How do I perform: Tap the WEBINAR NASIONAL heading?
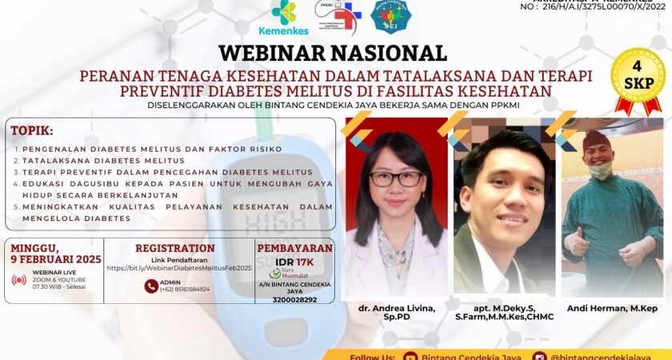coord(333,53)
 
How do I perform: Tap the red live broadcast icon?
coord(19,280)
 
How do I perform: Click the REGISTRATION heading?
coord(174,248)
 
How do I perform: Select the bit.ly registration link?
coord(179,268)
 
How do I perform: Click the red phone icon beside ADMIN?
coord(151,286)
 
